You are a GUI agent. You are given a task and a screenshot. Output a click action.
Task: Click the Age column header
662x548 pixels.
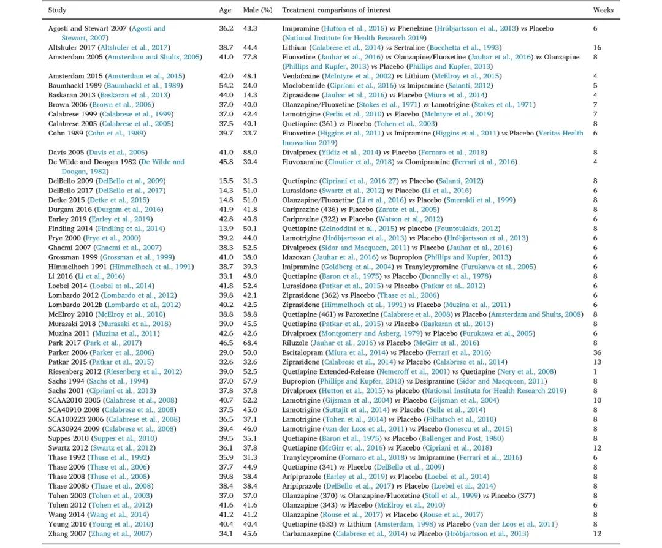[225, 10]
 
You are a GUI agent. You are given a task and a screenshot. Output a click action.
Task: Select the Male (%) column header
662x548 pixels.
[257, 10]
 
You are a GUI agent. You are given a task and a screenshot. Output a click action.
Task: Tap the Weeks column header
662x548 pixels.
[603, 10]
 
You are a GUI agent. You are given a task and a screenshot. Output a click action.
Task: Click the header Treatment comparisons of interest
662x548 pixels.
[336, 10]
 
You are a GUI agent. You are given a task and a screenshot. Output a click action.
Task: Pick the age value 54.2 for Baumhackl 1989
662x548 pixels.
[226, 86]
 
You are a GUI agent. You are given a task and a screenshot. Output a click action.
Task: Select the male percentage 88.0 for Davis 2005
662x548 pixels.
[249, 153]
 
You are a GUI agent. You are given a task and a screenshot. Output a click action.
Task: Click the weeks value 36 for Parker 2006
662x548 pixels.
[597, 352]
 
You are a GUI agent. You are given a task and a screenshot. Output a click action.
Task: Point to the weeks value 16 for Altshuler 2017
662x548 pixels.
[597, 48]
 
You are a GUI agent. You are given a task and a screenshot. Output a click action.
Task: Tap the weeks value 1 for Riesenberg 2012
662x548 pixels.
[595, 371]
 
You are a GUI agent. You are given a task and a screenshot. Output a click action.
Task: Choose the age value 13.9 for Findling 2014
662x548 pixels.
[226, 229]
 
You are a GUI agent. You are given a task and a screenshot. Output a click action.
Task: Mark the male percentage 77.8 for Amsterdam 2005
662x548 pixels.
[249, 57]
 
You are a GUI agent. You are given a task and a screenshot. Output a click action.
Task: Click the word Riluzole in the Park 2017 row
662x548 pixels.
[295, 343]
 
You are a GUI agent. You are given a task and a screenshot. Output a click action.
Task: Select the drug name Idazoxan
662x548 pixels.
[297, 257]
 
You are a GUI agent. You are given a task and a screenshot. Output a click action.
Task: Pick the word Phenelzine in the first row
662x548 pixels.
[416, 29]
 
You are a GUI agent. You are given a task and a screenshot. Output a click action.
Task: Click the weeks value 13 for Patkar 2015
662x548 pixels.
[597, 362]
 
